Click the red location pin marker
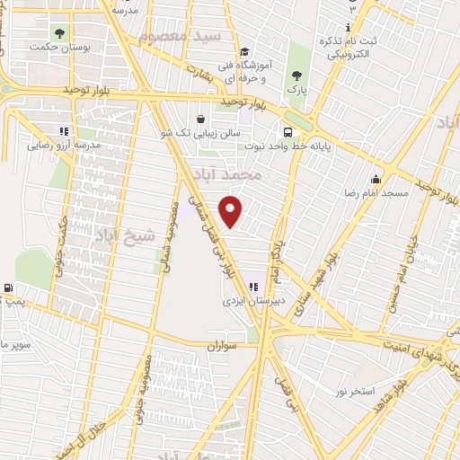(x=231, y=211)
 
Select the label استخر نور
(x=354, y=392)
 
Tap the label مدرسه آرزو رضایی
(x=63, y=145)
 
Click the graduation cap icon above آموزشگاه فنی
(x=245, y=51)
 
